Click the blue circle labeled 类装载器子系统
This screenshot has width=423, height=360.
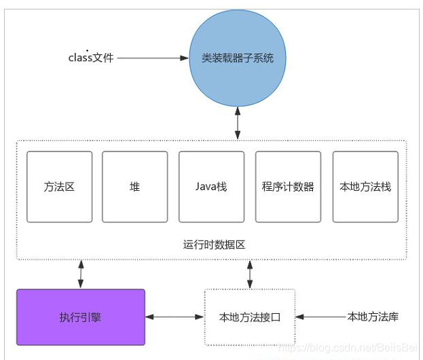pyautogui.click(x=237, y=58)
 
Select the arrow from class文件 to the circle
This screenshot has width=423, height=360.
pyautogui.click(x=152, y=58)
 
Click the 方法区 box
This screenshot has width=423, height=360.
pyautogui.click(x=60, y=187)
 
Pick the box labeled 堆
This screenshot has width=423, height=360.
pyautogui.click(x=134, y=187)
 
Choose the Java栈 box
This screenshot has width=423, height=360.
pyautogui.click(x=211, y=187)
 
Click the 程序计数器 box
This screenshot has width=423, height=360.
pyautogui.click(x=288, y=187)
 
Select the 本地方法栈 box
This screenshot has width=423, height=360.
pyautogui.click(x=365, y=187)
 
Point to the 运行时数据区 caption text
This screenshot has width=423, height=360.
pyautogui.click(x=211, y=245)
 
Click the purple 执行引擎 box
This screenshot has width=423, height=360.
pyautogui.click(x=81, y=317)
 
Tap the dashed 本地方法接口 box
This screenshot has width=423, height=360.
pyautogui.click(x=250, y=317)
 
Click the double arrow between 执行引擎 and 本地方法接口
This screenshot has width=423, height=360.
pyautogui.click(x=175, y=317)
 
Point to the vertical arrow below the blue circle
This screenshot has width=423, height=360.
pyautogui.click(x=237, y=123)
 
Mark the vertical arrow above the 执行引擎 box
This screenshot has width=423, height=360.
pyautogui.click(x=81, y=274)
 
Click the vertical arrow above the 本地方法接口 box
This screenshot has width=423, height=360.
pyautogui.click(x=250, y=274)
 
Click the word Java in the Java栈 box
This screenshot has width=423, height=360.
pyautogui.click(x=206, y=187)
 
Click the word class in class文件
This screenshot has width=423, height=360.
pyautogui.click(x=80, y=58)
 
